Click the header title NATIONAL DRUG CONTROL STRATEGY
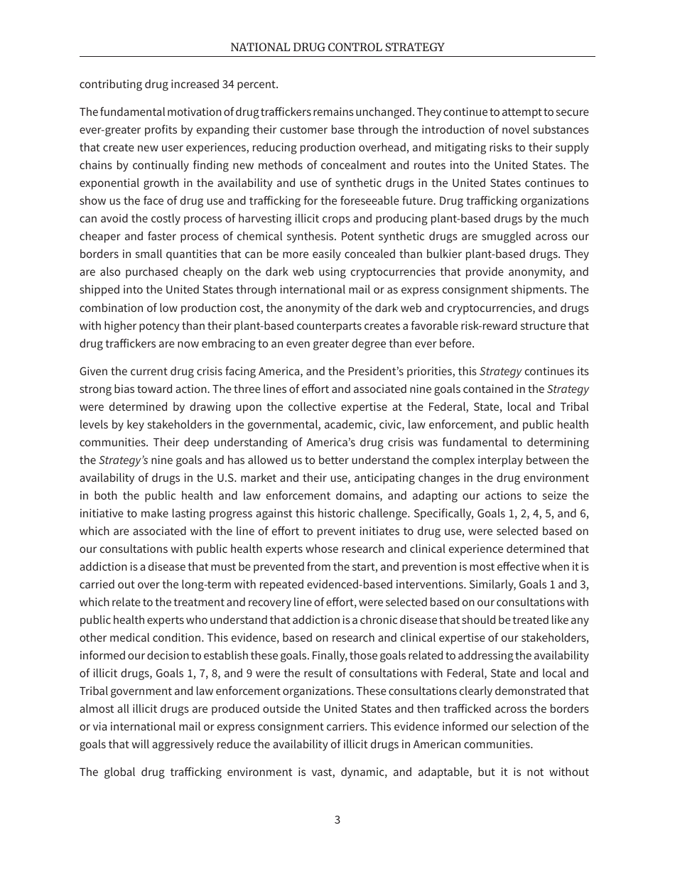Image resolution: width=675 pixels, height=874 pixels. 337,48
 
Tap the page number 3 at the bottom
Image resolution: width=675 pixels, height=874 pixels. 337,819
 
